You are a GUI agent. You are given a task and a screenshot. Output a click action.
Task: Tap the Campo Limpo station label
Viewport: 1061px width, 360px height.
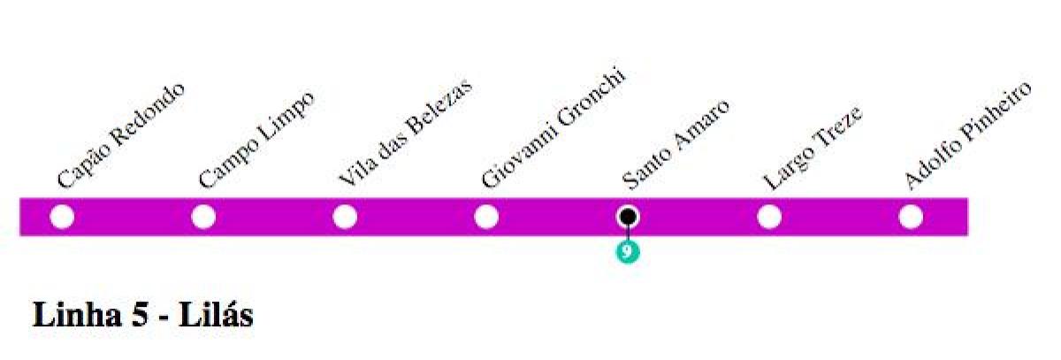(x=256, y=139)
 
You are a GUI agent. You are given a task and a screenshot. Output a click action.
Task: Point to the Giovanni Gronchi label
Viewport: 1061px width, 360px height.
(x=553, y=128)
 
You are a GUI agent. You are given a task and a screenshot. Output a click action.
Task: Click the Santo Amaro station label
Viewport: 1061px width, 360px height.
(x=676, y=145)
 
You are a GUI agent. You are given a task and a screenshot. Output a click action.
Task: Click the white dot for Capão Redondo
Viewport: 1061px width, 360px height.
(x=62, y=217)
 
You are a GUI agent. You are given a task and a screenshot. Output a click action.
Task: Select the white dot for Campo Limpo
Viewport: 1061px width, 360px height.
(x=203, y=217)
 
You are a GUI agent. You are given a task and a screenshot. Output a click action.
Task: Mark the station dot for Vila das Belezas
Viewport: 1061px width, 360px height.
(x=345, y=217)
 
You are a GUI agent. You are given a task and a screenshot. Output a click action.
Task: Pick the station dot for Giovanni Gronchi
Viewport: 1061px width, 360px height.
(x=486, y=217)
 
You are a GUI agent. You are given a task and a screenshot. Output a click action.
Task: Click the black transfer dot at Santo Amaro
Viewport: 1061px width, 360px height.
(x=628, y=216)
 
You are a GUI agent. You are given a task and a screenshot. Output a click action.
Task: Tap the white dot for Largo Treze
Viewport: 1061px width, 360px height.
(x=769, y=217)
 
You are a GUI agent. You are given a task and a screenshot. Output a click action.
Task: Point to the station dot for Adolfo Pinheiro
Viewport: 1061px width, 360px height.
(x=911, y=217)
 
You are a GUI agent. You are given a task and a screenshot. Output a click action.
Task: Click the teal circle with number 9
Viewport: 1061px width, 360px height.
(x=628, y=252)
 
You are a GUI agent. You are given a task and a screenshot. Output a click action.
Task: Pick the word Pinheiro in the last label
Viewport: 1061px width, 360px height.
(x=994, y=113)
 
